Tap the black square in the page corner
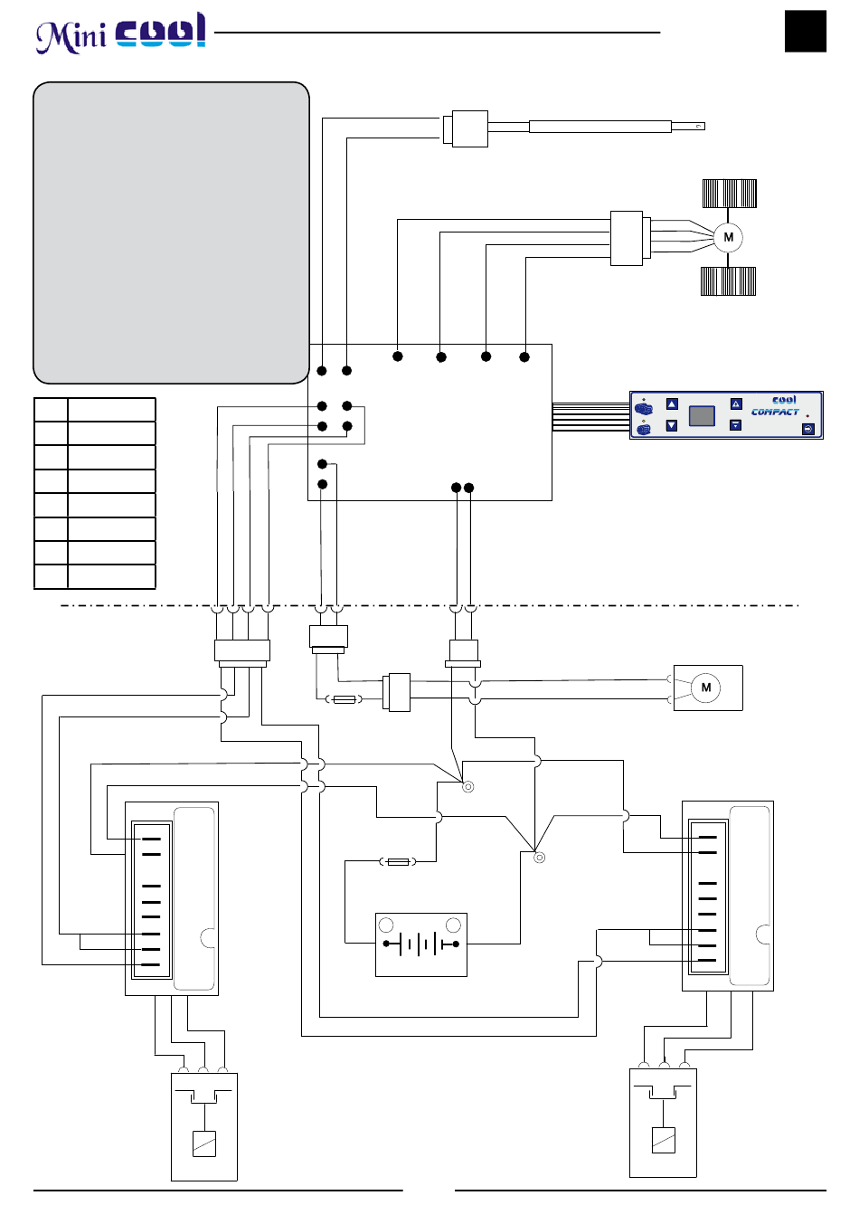(806, 31)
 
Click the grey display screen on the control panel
(702, 416)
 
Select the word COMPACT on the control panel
(775, 412)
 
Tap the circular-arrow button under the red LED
(808, 429)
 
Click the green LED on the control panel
(643, 400)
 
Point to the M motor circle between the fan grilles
(728, 237)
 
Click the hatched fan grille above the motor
(729, 194)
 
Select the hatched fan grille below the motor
(728, 281)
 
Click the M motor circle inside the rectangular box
(705, 688)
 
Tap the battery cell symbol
(421, 944)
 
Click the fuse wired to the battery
(398, 862)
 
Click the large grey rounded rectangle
(172, 232)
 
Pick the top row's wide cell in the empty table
(111, 409)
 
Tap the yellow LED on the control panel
(643, 421)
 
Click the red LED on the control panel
(807, 416)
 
